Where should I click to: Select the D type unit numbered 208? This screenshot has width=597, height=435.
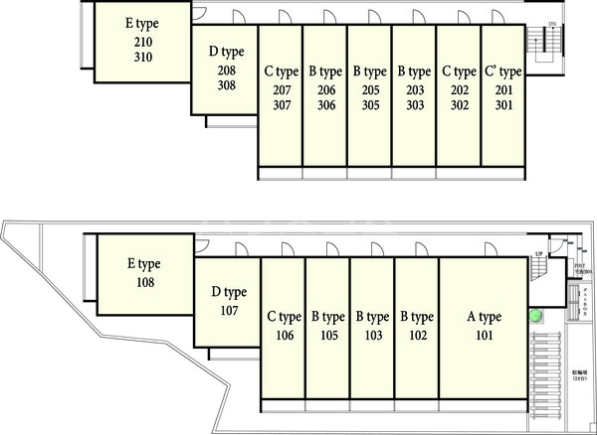[226, 70]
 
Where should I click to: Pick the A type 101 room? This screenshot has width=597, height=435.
[484, 328]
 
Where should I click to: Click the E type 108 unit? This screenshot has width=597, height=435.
[143, 273]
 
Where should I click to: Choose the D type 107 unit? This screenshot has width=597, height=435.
[228, 302]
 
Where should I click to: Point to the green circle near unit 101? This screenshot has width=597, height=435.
[536, 317]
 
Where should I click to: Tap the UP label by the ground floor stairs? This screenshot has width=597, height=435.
[538, 254]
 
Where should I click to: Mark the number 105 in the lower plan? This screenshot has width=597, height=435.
[327, 336]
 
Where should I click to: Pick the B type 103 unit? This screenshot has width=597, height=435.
[372, 328]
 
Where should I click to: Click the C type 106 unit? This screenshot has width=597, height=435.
[284, 328]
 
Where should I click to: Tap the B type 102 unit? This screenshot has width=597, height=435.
[417, 328]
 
